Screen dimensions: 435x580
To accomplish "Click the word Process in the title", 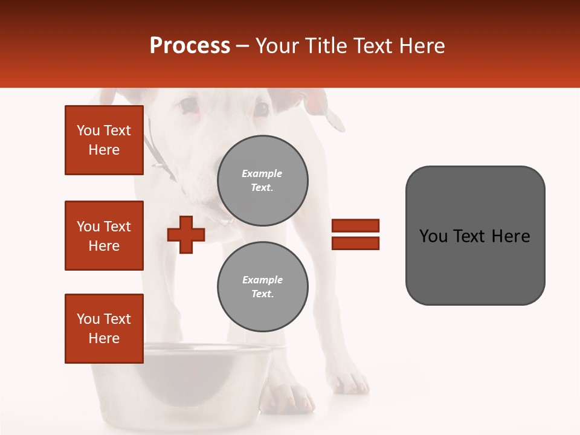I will [190, 46].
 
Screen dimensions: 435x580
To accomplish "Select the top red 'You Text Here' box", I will [104, 140].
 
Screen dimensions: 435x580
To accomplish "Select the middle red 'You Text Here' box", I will [104, 236].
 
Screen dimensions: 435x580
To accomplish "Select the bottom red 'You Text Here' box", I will [104, 329].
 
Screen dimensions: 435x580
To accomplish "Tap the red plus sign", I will [186, 234].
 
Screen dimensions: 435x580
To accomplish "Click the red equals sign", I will [355, 234].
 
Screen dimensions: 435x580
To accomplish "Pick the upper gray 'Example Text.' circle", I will [262, 180].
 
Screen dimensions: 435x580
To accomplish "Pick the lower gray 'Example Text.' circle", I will [262, 286].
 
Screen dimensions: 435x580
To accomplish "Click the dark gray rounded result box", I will [475, 236].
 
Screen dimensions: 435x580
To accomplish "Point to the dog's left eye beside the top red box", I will [188, 107].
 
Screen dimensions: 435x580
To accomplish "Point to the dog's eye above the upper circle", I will [261, 109].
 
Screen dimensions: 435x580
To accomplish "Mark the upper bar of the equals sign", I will [355, 225].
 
